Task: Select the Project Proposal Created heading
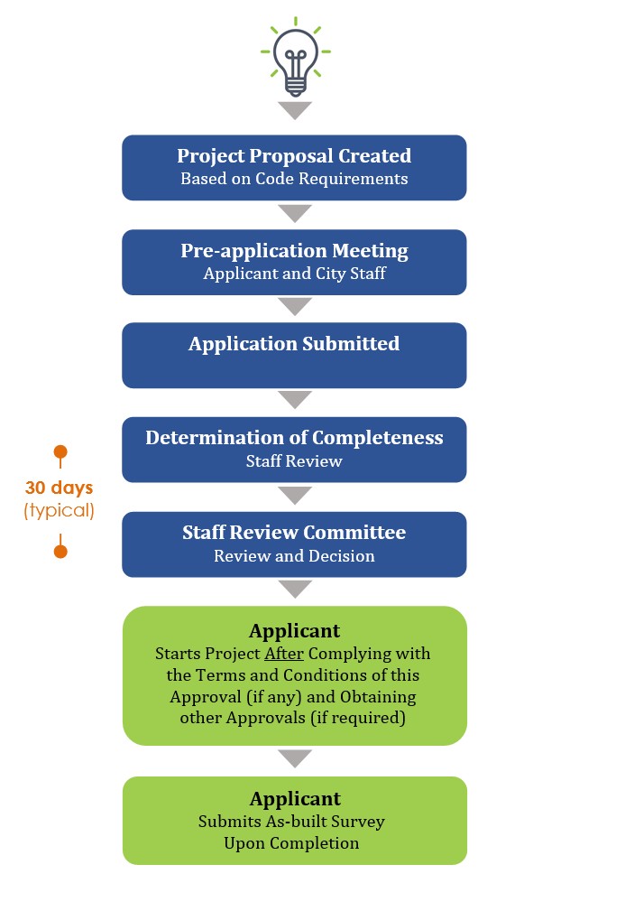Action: click(294, 156)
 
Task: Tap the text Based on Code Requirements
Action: click(294, 179)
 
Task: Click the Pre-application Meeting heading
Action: click(294, 251)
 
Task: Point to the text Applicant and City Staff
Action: click(294, 274)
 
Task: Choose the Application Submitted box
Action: click(294, 355)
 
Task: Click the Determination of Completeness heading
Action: click(294, 438)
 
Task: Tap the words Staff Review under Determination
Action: click(294, 461)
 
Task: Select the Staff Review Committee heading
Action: click(294, 533)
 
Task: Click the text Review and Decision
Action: click(294, 556)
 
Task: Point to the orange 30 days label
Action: click(59, 488)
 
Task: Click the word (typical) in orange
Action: click(59, 510)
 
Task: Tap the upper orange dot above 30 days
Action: click(60, 451)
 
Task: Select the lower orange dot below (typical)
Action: click(60, 551)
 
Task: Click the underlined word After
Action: click(283, 653)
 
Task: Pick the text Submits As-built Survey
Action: click(291, 822)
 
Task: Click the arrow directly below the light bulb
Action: click(295, 111)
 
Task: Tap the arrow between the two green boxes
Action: click(295, 758)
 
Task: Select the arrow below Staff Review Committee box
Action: click(295, 590)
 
